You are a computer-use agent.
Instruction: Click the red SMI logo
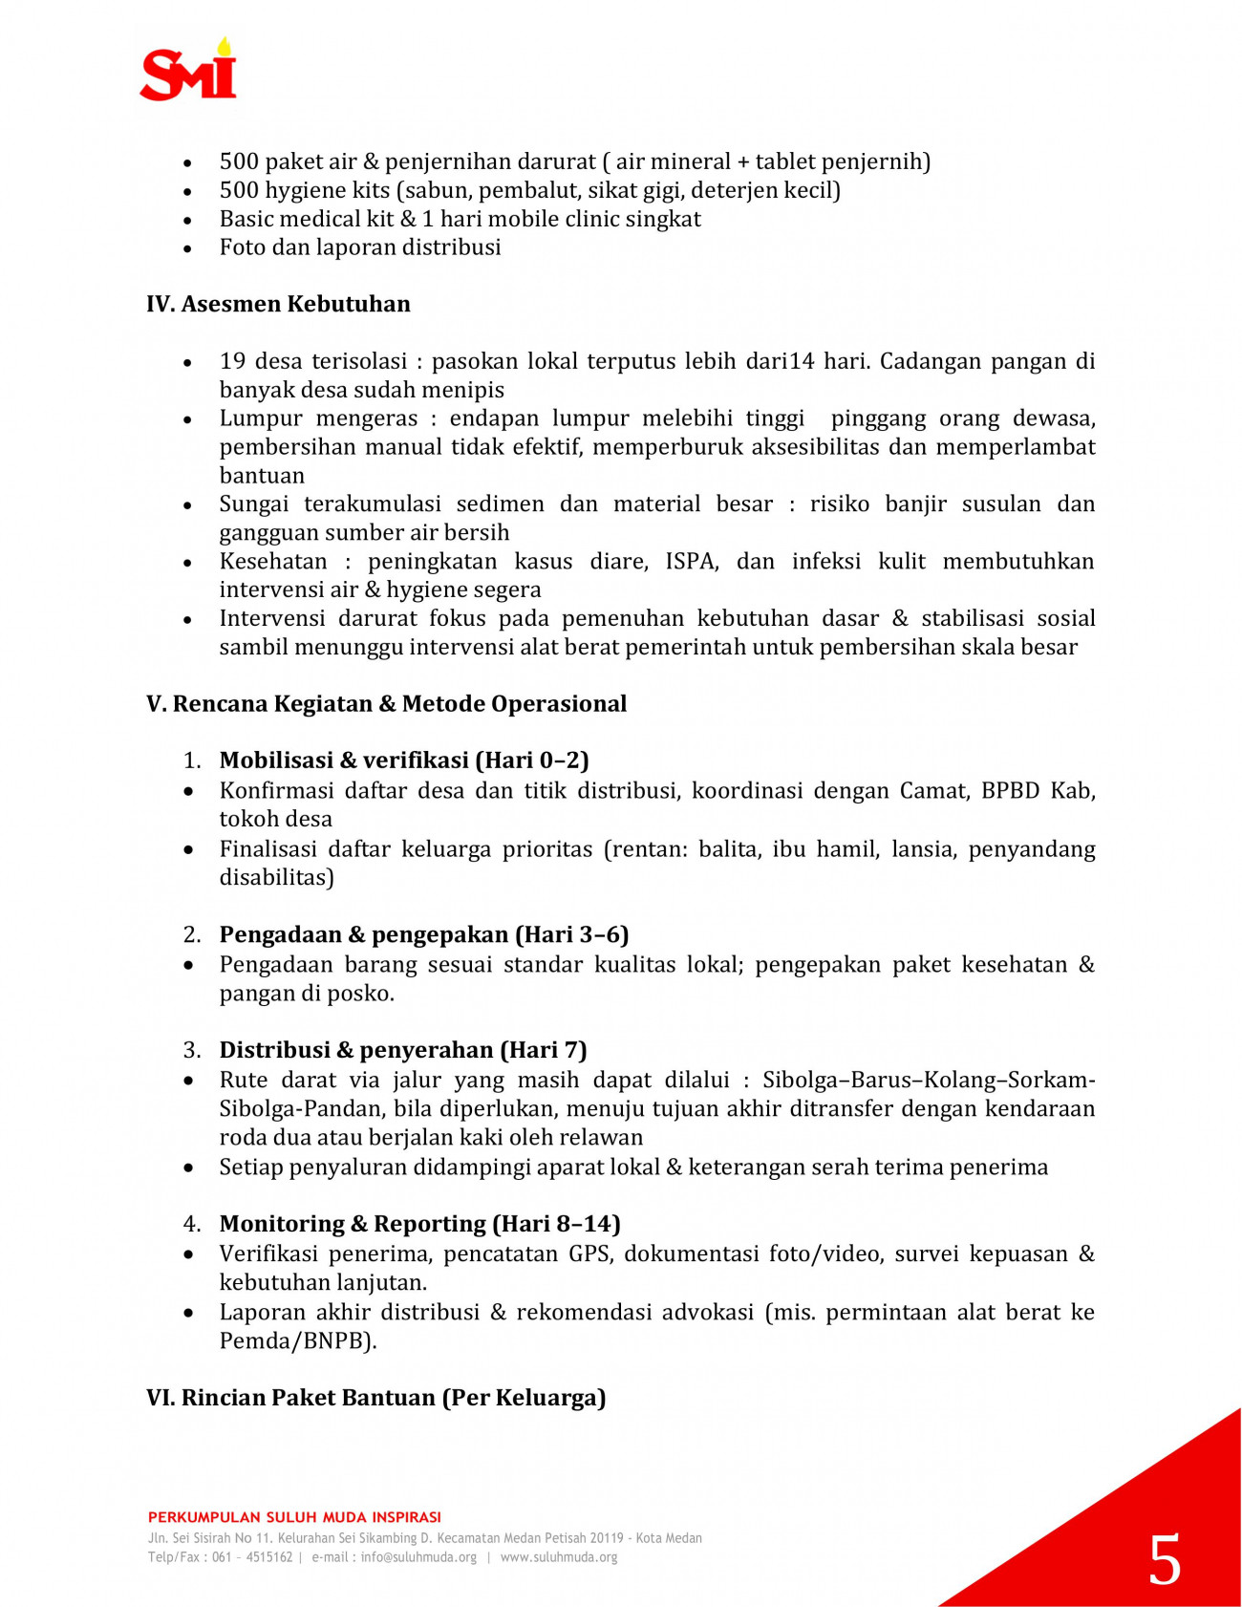(x=188, y=71)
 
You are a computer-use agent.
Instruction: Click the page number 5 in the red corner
(x=1164, y=1560)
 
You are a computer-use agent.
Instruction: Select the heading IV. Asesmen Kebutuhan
(x=278, y=304)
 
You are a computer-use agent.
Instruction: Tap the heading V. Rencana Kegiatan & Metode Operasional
(x=386, y=704)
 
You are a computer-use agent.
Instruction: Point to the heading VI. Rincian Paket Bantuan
(x=375, y=1398)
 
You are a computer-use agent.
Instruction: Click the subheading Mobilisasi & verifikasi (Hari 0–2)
(x=404, y=761)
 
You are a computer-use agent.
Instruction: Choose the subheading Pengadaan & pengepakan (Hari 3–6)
(x=424, y=934)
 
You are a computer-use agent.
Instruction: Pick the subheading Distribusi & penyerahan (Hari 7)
(x=403, y=1050)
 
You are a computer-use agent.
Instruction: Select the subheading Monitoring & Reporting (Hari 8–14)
(x=420, y=1224)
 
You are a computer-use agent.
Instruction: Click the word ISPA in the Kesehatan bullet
(x=691, y=561)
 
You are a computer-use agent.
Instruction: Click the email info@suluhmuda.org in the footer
(x=418, y=1557)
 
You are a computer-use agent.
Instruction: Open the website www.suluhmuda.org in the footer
(x=559, y=1557)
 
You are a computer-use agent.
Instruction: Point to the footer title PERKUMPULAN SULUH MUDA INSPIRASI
(x=294, y=1517)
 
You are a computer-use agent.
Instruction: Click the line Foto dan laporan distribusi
(x=360, y=247)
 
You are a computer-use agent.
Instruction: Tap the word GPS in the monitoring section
(x=589, y=1253)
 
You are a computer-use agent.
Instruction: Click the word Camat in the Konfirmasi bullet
(x=933, y=791)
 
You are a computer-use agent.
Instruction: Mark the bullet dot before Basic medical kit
(x=188, y=221)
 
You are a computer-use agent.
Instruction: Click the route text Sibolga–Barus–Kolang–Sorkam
(x=928, y=1081)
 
